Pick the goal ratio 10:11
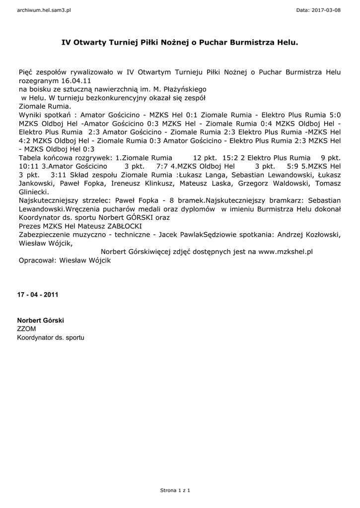pos(29,166)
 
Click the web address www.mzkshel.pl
pos(286,252)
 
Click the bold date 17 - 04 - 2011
pos(38,295)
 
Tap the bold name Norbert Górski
pos(40,320)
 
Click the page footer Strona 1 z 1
pos(175,491)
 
